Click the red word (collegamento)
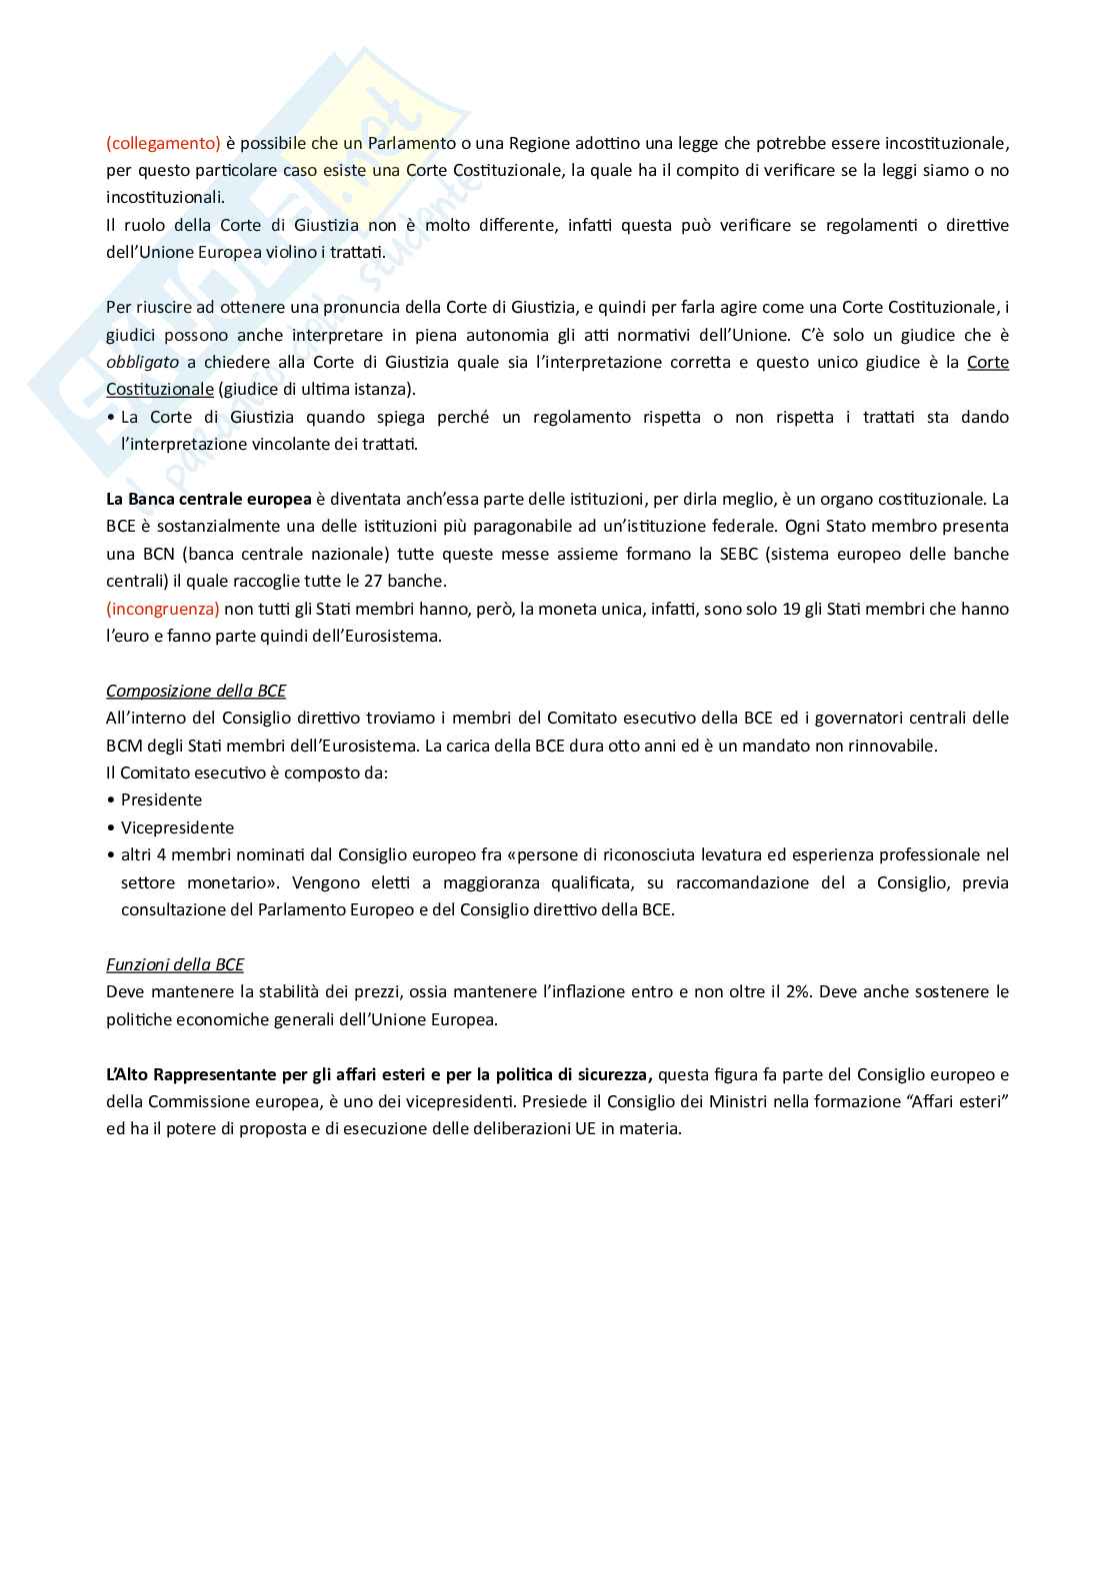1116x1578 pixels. tap(163, 142)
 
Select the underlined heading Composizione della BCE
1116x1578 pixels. tap(196, 691)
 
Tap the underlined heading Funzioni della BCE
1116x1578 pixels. tap(175, 964)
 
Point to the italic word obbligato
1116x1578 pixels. tap(142, 362)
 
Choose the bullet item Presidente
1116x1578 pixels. tap(161, 799)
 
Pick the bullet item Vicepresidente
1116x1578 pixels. tap(177, 827)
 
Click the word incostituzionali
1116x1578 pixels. tap(166, 197)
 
